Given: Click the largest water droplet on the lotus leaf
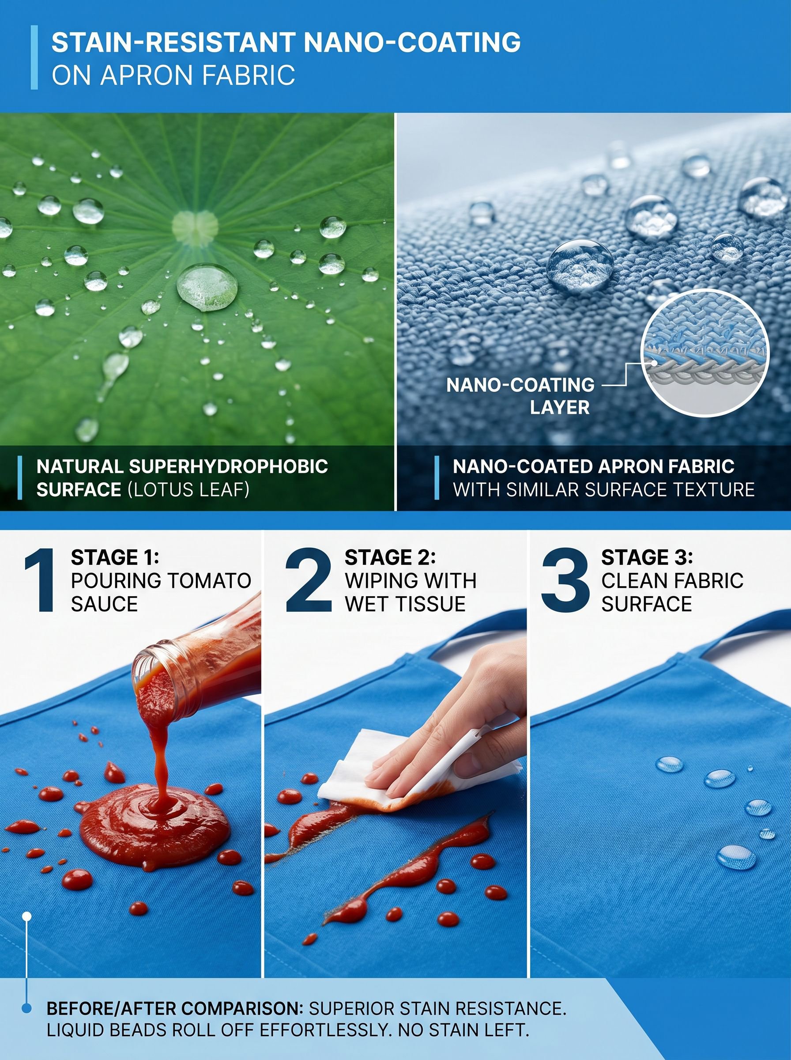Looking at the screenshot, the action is click(207, 287).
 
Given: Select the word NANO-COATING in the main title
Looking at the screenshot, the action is click(412, 43).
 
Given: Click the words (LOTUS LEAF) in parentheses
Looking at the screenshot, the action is click(188, 489).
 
